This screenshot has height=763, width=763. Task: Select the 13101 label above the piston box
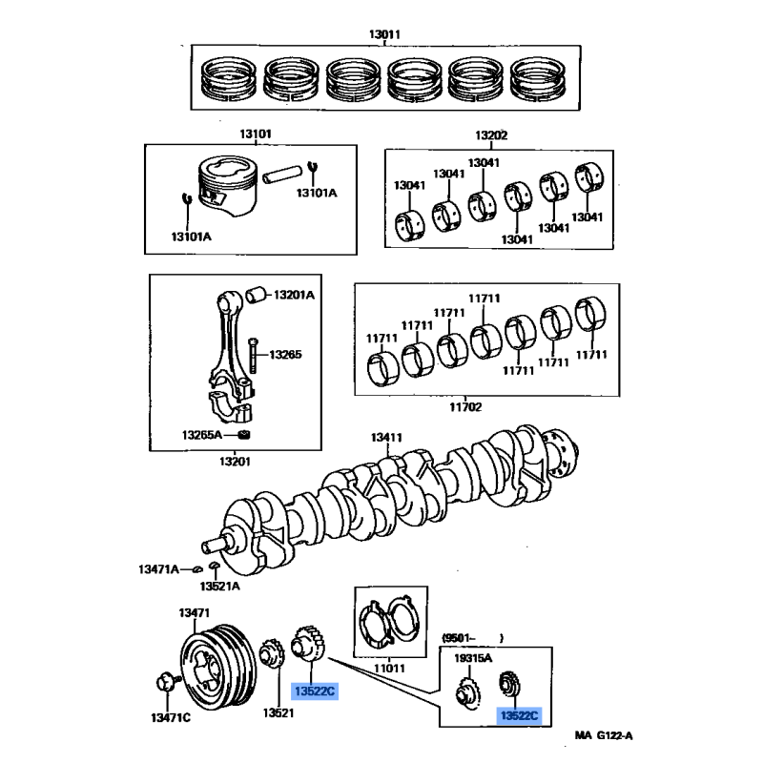[x=255, y=134]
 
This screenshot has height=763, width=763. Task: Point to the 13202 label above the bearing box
[x=491, y=134]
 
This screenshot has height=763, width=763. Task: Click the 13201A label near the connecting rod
[x=294, y=295]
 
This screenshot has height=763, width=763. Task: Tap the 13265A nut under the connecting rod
[x=245, y=436]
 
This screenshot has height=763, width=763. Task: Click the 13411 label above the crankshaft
[x=387, y=438]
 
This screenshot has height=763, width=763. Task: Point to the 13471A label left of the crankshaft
[x=158, y=569]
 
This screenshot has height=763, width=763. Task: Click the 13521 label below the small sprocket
[x=278, y=711]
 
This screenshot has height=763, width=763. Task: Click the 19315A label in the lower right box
[x=472, y=658]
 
